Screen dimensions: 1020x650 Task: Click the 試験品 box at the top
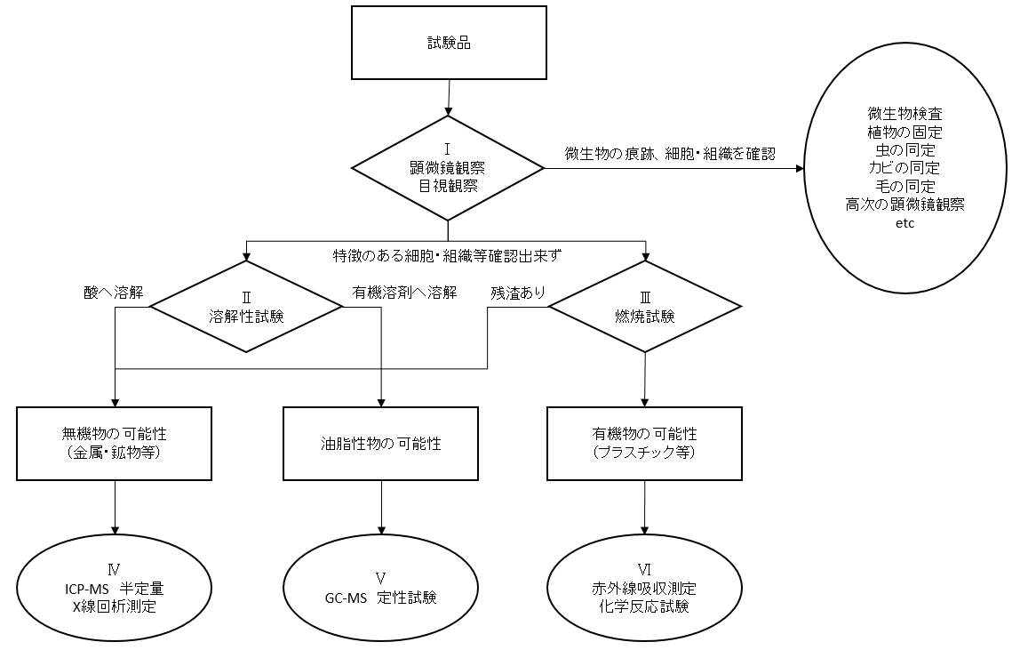tap(449, 43)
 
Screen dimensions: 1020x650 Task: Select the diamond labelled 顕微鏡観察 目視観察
tap(448, 169)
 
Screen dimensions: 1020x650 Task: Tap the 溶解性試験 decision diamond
tap(246, 307)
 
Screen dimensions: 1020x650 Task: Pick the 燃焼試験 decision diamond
tap(645, 307)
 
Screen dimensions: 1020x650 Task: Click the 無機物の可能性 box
tap(114, 444)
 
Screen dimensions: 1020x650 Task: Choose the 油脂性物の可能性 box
tap(380, 444)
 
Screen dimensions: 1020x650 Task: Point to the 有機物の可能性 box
tap(645, 444)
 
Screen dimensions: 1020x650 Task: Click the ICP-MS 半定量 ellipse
tap(114, 589)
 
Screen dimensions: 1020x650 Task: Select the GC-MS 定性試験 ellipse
tap(380, 589)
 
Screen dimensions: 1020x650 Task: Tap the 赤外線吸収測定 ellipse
tap(645, 589)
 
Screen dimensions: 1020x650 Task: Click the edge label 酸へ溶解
tap(113, 293)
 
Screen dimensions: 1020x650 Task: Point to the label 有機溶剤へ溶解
tap(404, 293)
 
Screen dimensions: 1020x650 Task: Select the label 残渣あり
tap(518, 293)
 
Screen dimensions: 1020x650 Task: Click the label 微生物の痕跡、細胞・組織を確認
tap(670, 154)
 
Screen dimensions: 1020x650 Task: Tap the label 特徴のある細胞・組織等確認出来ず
tap(447, 256)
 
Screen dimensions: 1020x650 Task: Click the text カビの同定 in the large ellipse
tap(904, 168)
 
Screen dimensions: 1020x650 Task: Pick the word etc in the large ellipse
tap(904, 223)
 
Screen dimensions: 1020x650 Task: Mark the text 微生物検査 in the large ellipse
tap(904, 114)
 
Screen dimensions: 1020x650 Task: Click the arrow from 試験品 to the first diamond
tap(448, 98)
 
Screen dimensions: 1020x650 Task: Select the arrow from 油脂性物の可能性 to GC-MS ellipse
tap(381, 508)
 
